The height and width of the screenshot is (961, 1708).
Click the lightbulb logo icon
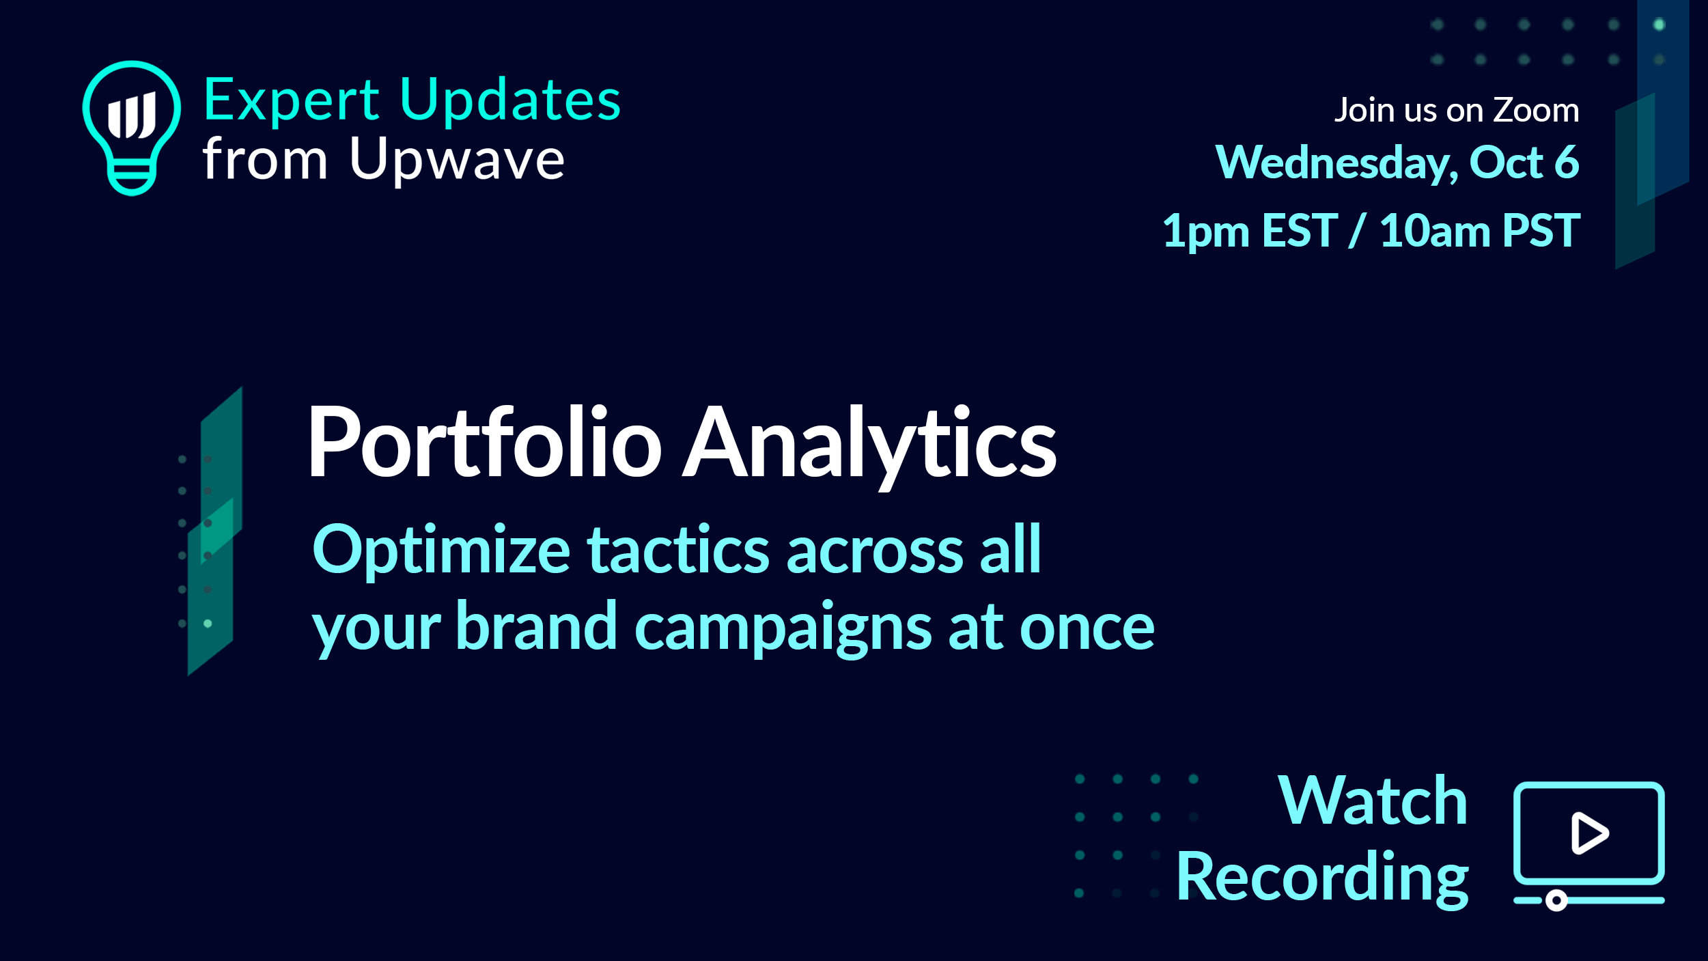pos(132,128)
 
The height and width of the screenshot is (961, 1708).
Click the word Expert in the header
pos(292,101)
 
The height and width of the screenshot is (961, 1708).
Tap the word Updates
pos(510,101)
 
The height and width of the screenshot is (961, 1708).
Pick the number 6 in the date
pos(1567,162)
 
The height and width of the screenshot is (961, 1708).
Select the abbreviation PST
pos(1541,230)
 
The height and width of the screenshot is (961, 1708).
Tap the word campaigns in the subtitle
pos(783,628)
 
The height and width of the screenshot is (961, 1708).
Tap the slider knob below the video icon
pos(1556,901)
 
